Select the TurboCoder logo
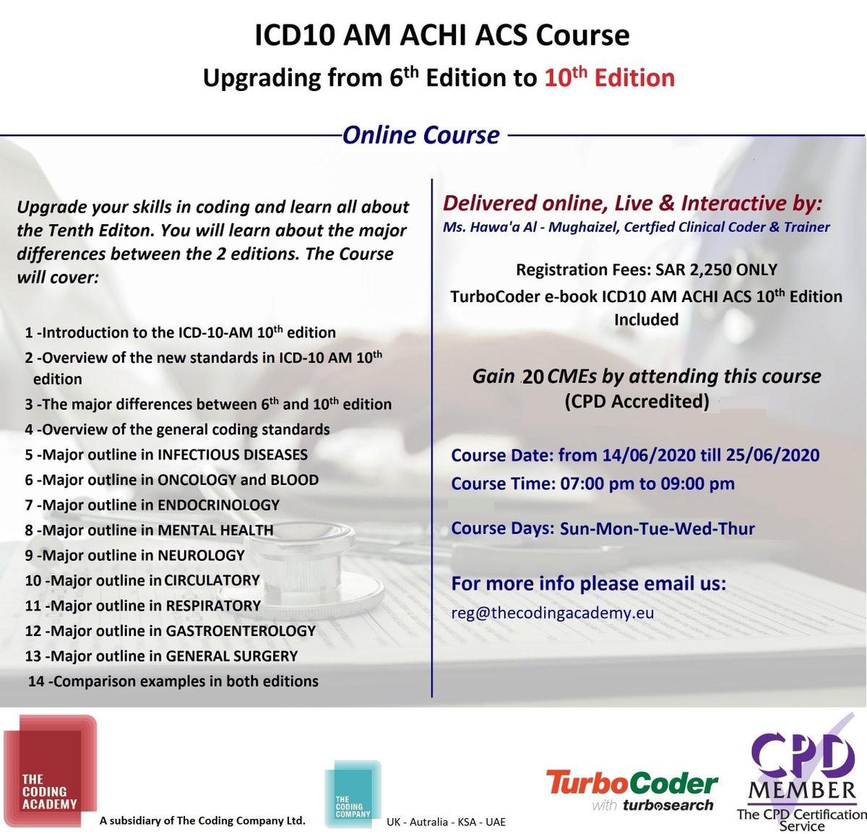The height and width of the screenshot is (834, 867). coord(632,790)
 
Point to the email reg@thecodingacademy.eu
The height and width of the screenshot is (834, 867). coord(552,613)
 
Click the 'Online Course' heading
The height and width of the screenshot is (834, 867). coord(421,134)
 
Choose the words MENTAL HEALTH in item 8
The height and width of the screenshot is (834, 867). coord(215,530)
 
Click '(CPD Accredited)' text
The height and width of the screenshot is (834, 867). coord(637,401)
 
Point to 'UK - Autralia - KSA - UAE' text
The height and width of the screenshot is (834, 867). coord(446,822)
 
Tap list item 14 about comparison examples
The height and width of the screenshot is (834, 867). coord(173,681)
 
